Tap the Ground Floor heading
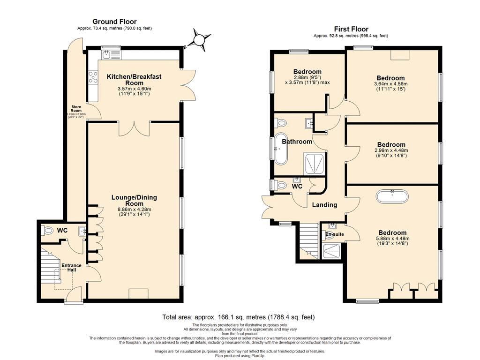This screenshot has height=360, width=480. (x=114, y=22)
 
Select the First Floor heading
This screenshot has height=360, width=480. (x=351, y=29)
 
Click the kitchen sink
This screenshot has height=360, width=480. (x=107, y=55)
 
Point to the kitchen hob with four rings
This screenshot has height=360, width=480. (x=93, y=77)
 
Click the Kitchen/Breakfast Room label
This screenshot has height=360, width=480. (x=134, y=80)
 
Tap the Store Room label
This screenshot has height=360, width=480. (x=76, y=109)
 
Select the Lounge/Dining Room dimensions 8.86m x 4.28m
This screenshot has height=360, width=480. (x=135, y=210)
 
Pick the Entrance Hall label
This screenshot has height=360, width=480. (x=72, y=268)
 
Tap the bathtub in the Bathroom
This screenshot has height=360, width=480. (x=281, y=149)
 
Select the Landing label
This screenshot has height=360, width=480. (x=324, y=205)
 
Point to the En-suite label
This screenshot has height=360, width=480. (x=335, y=234)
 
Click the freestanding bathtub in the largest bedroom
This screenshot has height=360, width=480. (x=392, y=196)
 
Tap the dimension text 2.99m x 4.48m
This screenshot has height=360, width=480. (x=391, y=150)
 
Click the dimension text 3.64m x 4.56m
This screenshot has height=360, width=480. (x=391, y=83)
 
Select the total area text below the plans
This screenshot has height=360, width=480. (x=239, y=317)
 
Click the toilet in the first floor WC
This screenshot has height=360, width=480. (x=281, y=185)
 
